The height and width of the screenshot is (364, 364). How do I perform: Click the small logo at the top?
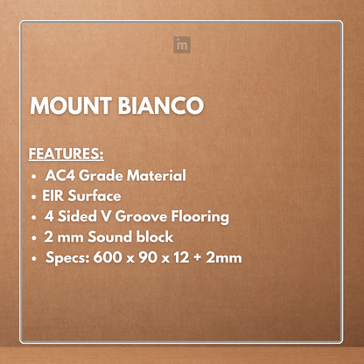click(182, 44)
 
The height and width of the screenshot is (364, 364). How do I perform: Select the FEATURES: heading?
click(66, 154)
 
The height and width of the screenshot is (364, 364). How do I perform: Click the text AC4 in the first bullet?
click(59, 175)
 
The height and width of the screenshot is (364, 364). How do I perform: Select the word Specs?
click(67, 258)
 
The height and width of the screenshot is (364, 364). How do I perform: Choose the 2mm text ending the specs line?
click(226, 258)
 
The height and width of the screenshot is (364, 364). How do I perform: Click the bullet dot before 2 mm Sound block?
click(33, 238)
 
